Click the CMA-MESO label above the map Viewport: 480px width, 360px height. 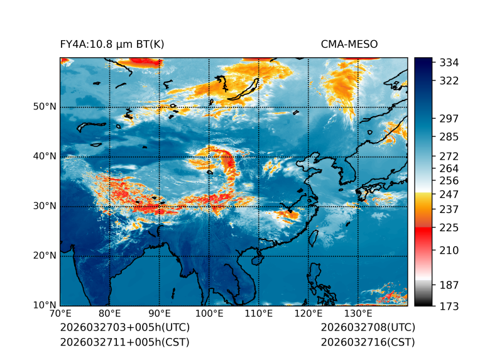click(349, 45)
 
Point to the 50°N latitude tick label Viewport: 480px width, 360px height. click(45, 107)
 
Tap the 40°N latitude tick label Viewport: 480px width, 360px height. click(45, 156)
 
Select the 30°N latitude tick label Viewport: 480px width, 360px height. click(45, 206)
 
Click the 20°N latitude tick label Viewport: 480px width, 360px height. click(45, 256)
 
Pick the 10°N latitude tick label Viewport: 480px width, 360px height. click(45, 305)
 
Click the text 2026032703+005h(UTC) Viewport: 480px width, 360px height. click(124, 328)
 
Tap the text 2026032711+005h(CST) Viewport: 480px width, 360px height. click(124, 342)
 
